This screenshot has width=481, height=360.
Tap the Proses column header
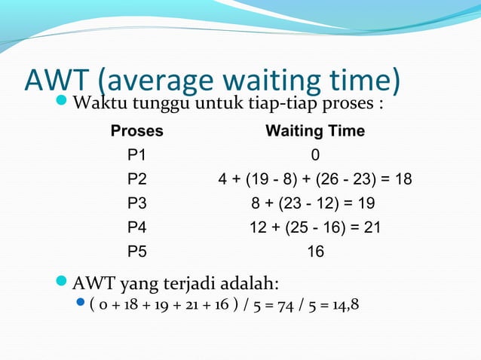point(136,131)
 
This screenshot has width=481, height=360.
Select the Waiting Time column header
point(315,131)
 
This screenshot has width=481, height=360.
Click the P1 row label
point(137,155)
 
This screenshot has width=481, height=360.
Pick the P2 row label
point(137,179)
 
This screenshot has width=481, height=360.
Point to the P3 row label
point(137,203)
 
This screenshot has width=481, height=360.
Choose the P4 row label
point(137,227)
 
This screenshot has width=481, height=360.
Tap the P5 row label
point(137,252)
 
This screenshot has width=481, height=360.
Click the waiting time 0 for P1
point(315,155)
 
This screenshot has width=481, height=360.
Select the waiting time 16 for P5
point(315,252)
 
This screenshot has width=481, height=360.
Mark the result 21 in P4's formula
point(371,227)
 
